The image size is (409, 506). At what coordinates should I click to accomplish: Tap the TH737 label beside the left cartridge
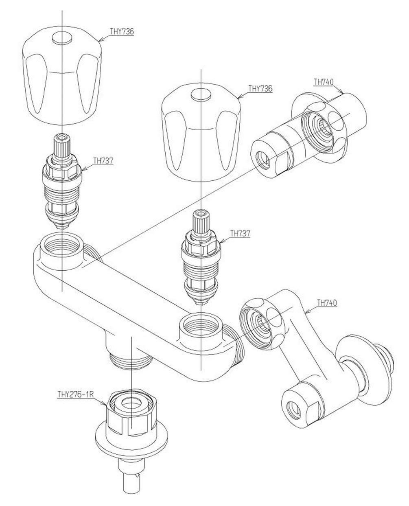tap(103, 160)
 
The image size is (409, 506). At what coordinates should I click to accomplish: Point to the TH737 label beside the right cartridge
tap(240, 233)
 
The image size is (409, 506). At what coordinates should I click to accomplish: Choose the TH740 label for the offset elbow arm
tap(327, 302)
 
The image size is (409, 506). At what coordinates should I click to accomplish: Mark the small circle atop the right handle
tap(201, 95)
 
